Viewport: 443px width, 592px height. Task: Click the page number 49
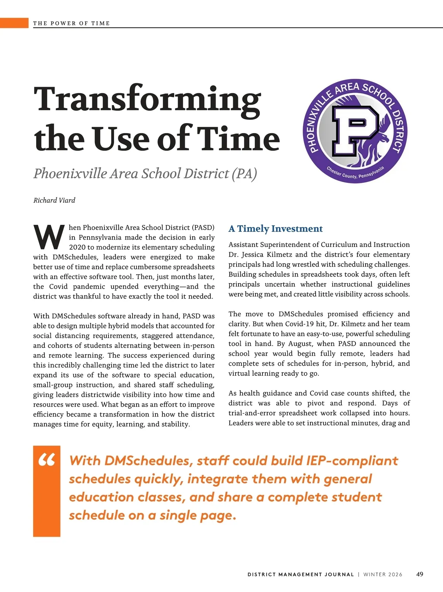tap(419, 574)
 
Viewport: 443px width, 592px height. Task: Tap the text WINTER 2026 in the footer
tap(383, 574)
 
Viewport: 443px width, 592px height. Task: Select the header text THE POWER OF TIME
tap(71, 23)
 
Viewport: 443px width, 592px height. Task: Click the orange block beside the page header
tap(14, 23)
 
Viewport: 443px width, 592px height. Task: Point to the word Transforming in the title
tap(147, 99)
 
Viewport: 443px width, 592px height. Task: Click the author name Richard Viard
tap(54, 200)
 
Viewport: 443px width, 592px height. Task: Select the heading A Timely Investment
tap(275, 229)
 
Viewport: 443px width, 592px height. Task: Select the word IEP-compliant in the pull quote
tap(352, 461)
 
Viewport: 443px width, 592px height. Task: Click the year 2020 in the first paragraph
tap(77, 247)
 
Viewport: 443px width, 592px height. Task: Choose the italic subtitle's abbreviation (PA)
tap(244, 173)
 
